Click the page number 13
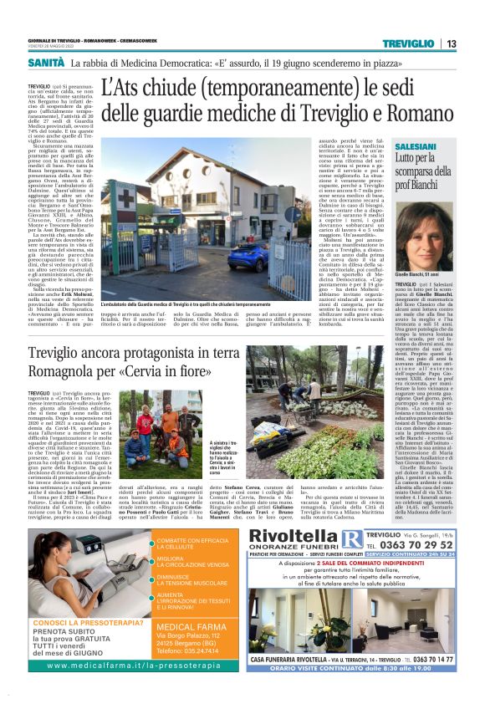pos(451,43)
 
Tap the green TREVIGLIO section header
pos(408,43)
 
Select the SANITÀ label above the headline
pos(46,63)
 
